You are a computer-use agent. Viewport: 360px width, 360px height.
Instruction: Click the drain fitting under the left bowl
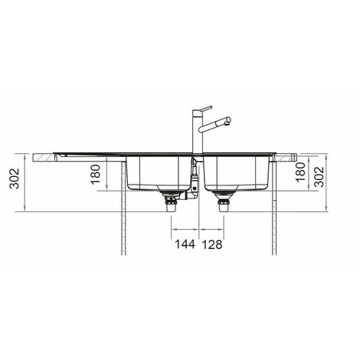pos(169,201)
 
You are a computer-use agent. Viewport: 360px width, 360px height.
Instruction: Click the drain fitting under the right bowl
pos(224,201)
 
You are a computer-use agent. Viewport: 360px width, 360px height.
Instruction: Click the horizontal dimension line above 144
pos(185,228)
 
